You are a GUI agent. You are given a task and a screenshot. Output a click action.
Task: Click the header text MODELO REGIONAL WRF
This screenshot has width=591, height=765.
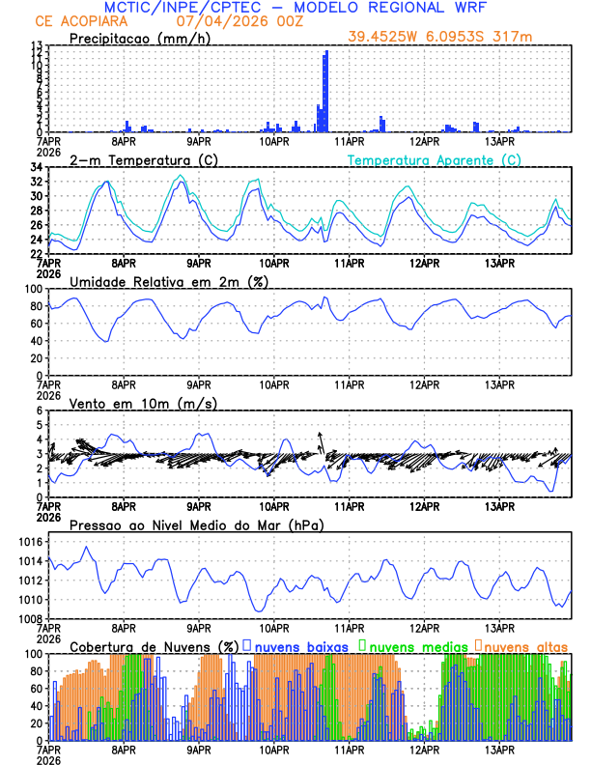[406, 8]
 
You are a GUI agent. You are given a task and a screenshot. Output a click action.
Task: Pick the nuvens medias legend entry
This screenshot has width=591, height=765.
[412, 645]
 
